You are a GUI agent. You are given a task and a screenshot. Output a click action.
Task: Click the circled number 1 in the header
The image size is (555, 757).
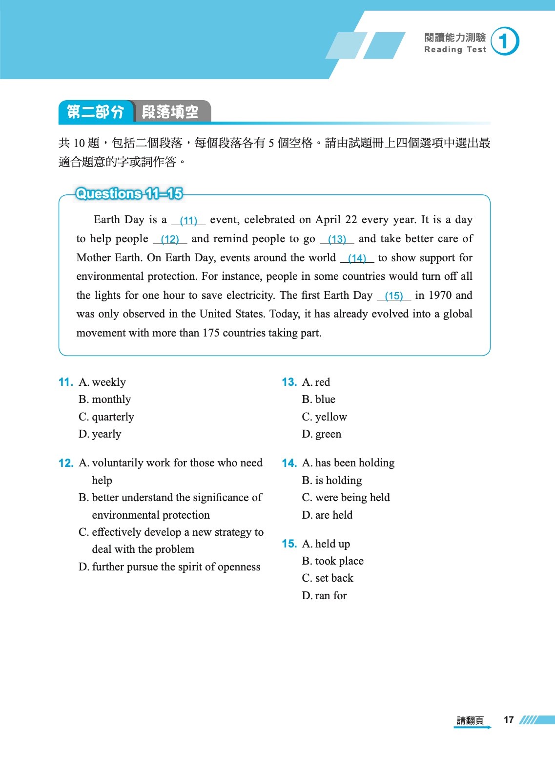pyautogui.click(x=505, y=42)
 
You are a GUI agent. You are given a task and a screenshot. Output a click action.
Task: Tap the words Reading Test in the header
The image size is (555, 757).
pyautogui.click(x=455, y=50)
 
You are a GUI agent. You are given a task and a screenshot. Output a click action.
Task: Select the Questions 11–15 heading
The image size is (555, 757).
pyautogui.click(x=129, y=194)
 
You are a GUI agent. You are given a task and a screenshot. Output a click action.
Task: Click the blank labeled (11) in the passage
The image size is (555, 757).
pyautogui.click(x=188, y=221)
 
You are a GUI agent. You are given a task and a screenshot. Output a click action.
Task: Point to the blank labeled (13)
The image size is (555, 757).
pyautogui.click(x=337, y=239)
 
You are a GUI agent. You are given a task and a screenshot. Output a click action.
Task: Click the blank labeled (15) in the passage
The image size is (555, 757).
pyautogui.click(x=394, y=296)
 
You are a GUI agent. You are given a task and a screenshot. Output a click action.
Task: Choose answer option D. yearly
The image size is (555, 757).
pyautogui.click(x=100, y=434)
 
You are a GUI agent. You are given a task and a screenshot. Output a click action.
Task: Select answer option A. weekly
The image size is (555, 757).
pyautogui.click(x=103, y=382)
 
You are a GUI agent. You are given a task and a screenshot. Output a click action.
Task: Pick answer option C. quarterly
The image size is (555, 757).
pyautogui.click(x=106, y=417)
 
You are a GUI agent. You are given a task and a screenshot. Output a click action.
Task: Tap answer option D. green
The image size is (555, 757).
pyautogui.click(x=322, y=434)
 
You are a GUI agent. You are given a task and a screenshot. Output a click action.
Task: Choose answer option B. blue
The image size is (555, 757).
pyautogui.click(x=319, y=400)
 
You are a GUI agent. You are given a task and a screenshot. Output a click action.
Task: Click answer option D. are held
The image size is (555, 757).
pyautogui.click(x=327, y=515)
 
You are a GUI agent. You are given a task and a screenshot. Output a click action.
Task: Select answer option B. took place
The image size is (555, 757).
pyautogui.click(x=333, y=561)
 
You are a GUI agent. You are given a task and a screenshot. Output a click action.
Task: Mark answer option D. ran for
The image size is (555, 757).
pyautogui.click(x=325, y=596)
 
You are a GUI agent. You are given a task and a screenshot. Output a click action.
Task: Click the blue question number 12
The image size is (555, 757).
pyautogui.click(x=65, y=463)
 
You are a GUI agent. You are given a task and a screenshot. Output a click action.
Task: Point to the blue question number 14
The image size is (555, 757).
pyautogui.click(x=289, y=463)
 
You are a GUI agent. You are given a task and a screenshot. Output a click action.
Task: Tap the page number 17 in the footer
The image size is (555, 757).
pyautogui.click(x=509, y=720)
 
